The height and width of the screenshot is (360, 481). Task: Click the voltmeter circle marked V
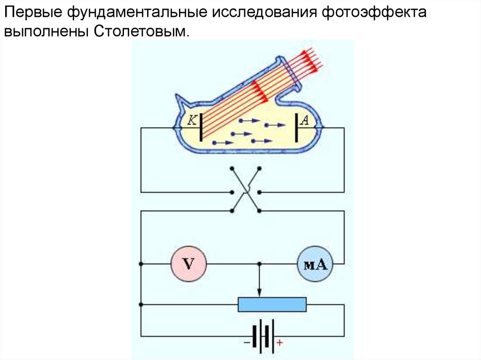[x=188, y=264]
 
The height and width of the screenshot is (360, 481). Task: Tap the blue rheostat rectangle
[x=272, y=304]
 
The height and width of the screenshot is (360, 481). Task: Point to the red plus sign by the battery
[x=280, y=343]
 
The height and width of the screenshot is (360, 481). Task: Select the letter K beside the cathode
[x=192, y=120]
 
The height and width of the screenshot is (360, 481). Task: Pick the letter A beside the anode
[x=304, y=120]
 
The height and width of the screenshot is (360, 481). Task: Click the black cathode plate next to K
[x=201, y=127]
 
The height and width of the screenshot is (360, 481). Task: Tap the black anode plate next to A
[x=297, y=127]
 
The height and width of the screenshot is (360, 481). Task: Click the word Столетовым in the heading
[x=143, y=32]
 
